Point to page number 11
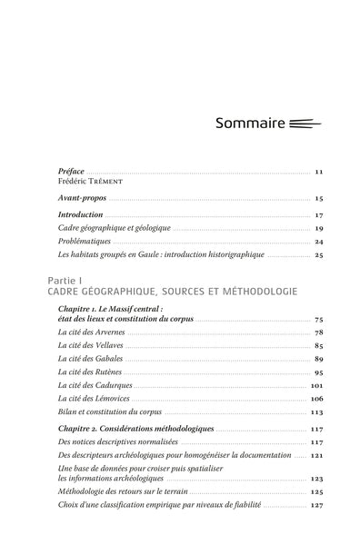319,172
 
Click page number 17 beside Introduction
319,214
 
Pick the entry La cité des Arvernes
91,332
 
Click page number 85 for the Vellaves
319,346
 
